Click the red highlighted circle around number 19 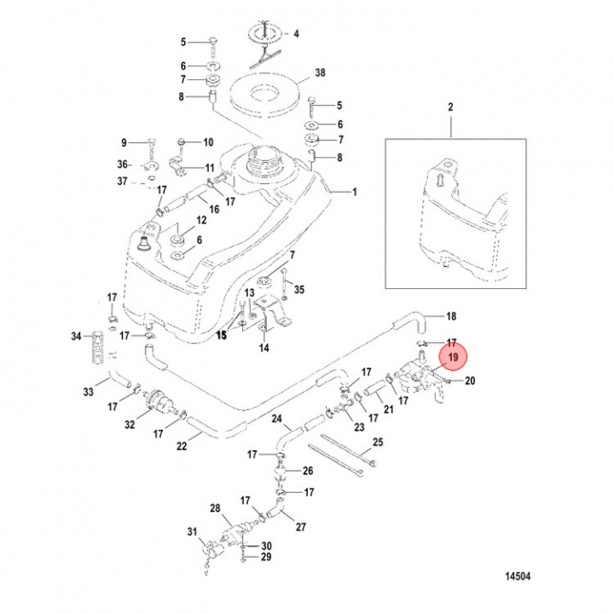pos(452,357)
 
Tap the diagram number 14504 pos(515,576)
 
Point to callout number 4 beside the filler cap pos(296,34)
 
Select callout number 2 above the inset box pos(450,107)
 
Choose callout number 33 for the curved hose pos(88,392)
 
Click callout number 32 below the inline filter pos(130,424)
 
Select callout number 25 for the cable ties pos(378,442)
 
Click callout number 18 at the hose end pos(452,316)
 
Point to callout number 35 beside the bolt pos(298,290)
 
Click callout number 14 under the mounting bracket pos(264,348)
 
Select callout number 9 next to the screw pos(124,142)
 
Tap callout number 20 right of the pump pos(469,380)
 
